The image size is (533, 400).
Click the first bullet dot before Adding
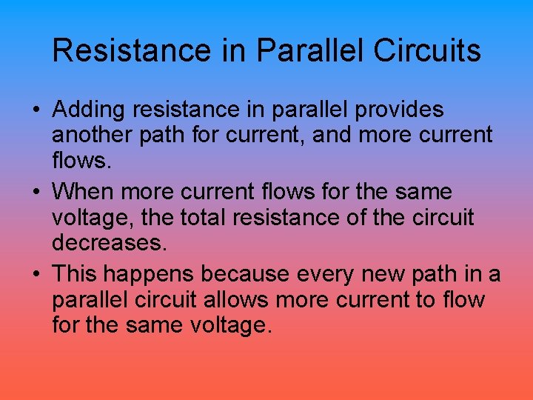coord(36,110)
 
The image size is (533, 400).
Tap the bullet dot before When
coord(36,193)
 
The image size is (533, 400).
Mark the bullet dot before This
coord(36,275)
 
